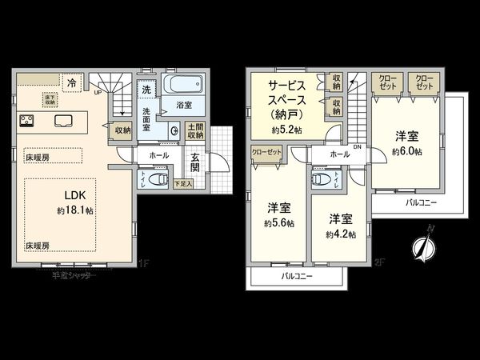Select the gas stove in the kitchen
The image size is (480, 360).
(26, 122)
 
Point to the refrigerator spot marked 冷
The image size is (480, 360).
(72, 82)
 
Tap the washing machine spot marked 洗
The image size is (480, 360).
(146, 90)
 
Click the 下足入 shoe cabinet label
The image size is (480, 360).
(182, 185)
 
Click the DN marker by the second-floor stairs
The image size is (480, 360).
(357, 146)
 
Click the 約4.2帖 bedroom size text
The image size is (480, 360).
(340, 234)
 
